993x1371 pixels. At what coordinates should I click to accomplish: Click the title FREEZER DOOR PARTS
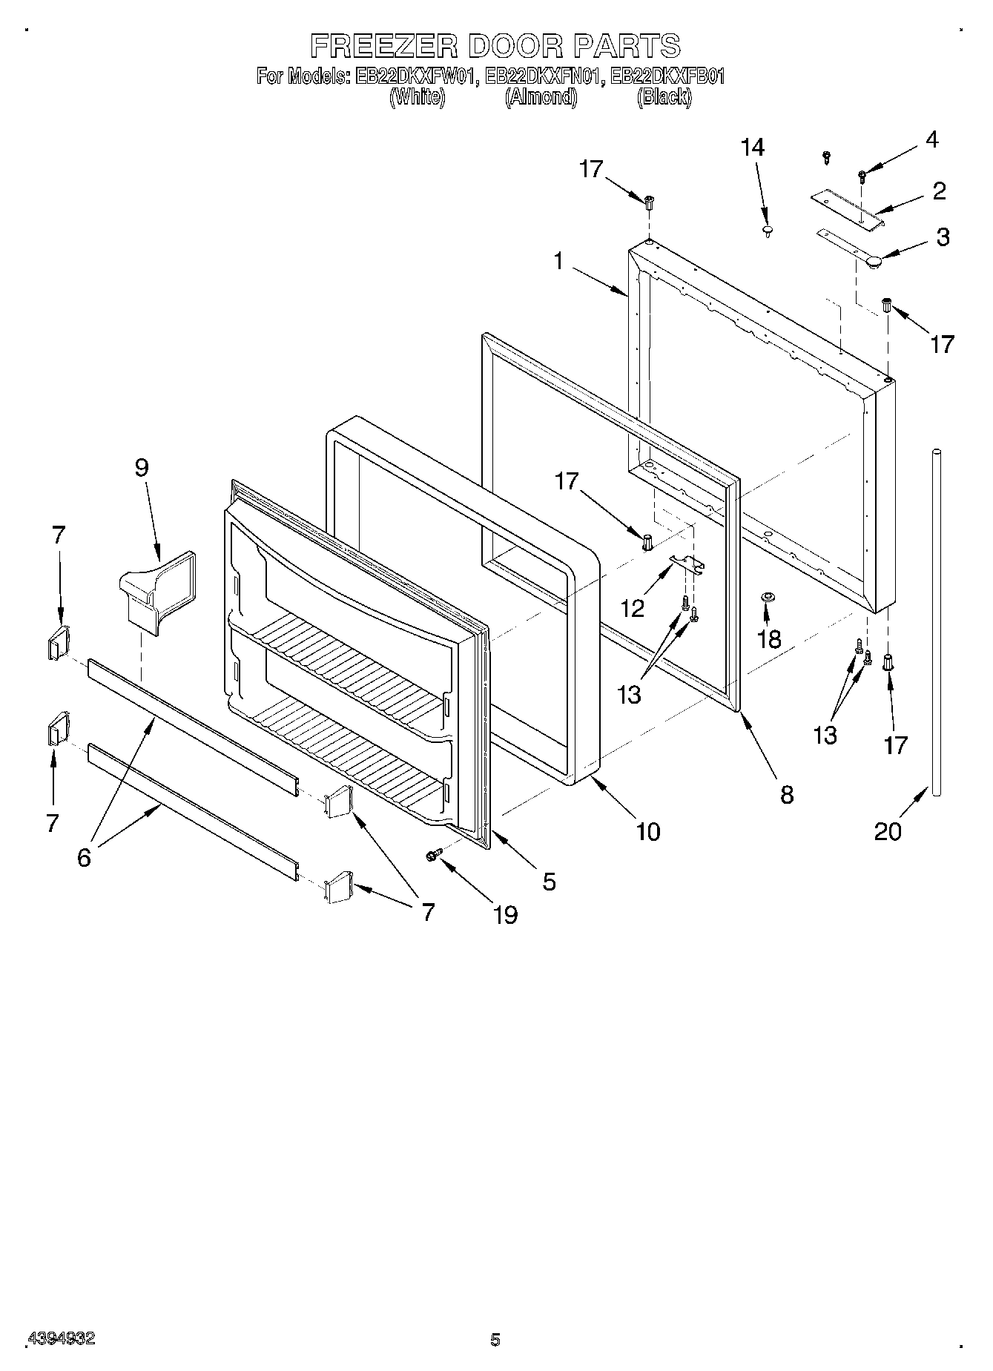click(495, 46)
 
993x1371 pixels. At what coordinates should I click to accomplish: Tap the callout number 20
click(888, 832)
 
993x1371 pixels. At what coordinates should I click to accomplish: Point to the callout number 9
click(142, 468)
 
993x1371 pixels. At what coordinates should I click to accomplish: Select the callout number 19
click(505, 916)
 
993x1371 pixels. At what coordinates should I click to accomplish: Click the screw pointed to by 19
click(434, 856)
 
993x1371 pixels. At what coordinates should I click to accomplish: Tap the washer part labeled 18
click(768, 597)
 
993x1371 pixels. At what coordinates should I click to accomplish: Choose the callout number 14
click(752, 148)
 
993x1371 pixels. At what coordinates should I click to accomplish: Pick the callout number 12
click(632, 609)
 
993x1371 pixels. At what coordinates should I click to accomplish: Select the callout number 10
click(647, 832)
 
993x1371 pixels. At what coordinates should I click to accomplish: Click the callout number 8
click(787, 795)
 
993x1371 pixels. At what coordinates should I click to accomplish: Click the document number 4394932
click(61, 1339)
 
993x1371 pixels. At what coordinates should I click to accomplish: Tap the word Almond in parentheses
click(541, 97)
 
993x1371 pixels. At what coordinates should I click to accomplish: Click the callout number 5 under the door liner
click(549, 882)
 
